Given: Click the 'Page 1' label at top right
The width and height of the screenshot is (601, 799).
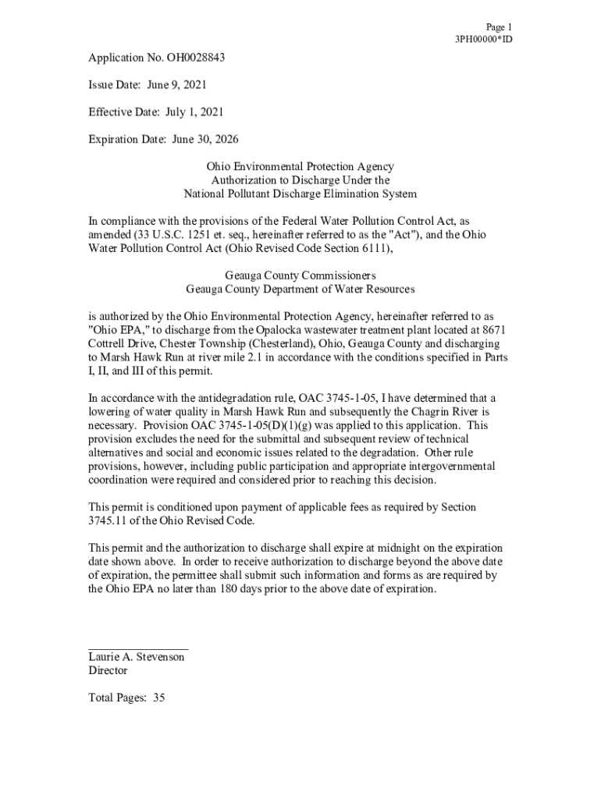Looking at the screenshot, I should (499, 27).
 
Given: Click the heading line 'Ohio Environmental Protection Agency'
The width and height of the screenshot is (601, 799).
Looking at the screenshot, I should (300, 166).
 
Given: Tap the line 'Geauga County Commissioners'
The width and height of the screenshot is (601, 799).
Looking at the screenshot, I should (300, 275).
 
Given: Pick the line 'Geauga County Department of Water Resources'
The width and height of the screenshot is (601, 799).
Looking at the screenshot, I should (300, 289).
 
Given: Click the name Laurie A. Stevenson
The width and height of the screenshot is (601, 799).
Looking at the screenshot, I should (137, 657).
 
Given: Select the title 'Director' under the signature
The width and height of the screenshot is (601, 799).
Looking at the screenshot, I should (108, 670).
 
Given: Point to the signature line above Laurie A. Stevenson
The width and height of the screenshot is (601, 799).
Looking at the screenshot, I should (138, 648).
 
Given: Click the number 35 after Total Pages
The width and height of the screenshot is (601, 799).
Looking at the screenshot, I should (158, 698).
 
